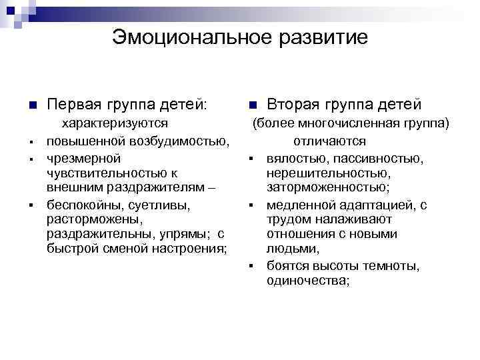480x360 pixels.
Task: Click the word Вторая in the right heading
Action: pos(293,105)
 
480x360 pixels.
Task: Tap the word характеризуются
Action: pos(114,123)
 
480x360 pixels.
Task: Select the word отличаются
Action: pos(329,141)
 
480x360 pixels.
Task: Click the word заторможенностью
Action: pos(319,188)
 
